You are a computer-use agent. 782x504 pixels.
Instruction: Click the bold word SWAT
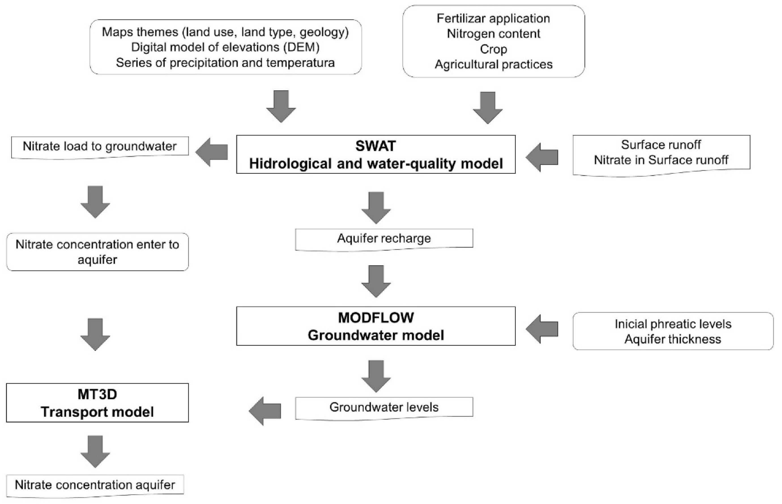376,146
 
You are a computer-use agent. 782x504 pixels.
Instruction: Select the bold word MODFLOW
376,318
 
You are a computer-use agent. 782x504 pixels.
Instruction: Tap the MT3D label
97,394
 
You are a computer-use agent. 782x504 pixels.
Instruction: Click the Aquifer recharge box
384,239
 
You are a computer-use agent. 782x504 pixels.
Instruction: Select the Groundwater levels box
384,408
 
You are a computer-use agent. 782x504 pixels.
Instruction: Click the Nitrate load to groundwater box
99,146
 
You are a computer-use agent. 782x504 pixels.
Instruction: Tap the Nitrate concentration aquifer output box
95,485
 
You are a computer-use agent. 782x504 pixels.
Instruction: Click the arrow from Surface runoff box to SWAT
542,157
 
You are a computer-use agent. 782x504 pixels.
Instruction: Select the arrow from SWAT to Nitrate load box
212,152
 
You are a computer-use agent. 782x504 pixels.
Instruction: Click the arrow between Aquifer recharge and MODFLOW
376,281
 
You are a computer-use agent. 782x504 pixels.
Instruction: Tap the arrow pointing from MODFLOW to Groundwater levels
376,376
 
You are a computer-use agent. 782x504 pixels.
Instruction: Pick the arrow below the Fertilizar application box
488,108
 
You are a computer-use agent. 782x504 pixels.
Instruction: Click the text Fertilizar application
493,18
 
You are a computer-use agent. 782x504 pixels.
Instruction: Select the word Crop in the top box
493,49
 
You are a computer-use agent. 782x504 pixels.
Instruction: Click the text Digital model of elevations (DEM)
225,47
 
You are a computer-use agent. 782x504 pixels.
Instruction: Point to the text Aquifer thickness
673,339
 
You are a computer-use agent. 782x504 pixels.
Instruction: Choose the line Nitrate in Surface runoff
661,160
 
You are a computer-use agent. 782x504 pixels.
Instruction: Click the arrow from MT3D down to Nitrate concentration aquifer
95,451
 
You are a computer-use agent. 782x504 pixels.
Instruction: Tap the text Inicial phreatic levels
673,324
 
